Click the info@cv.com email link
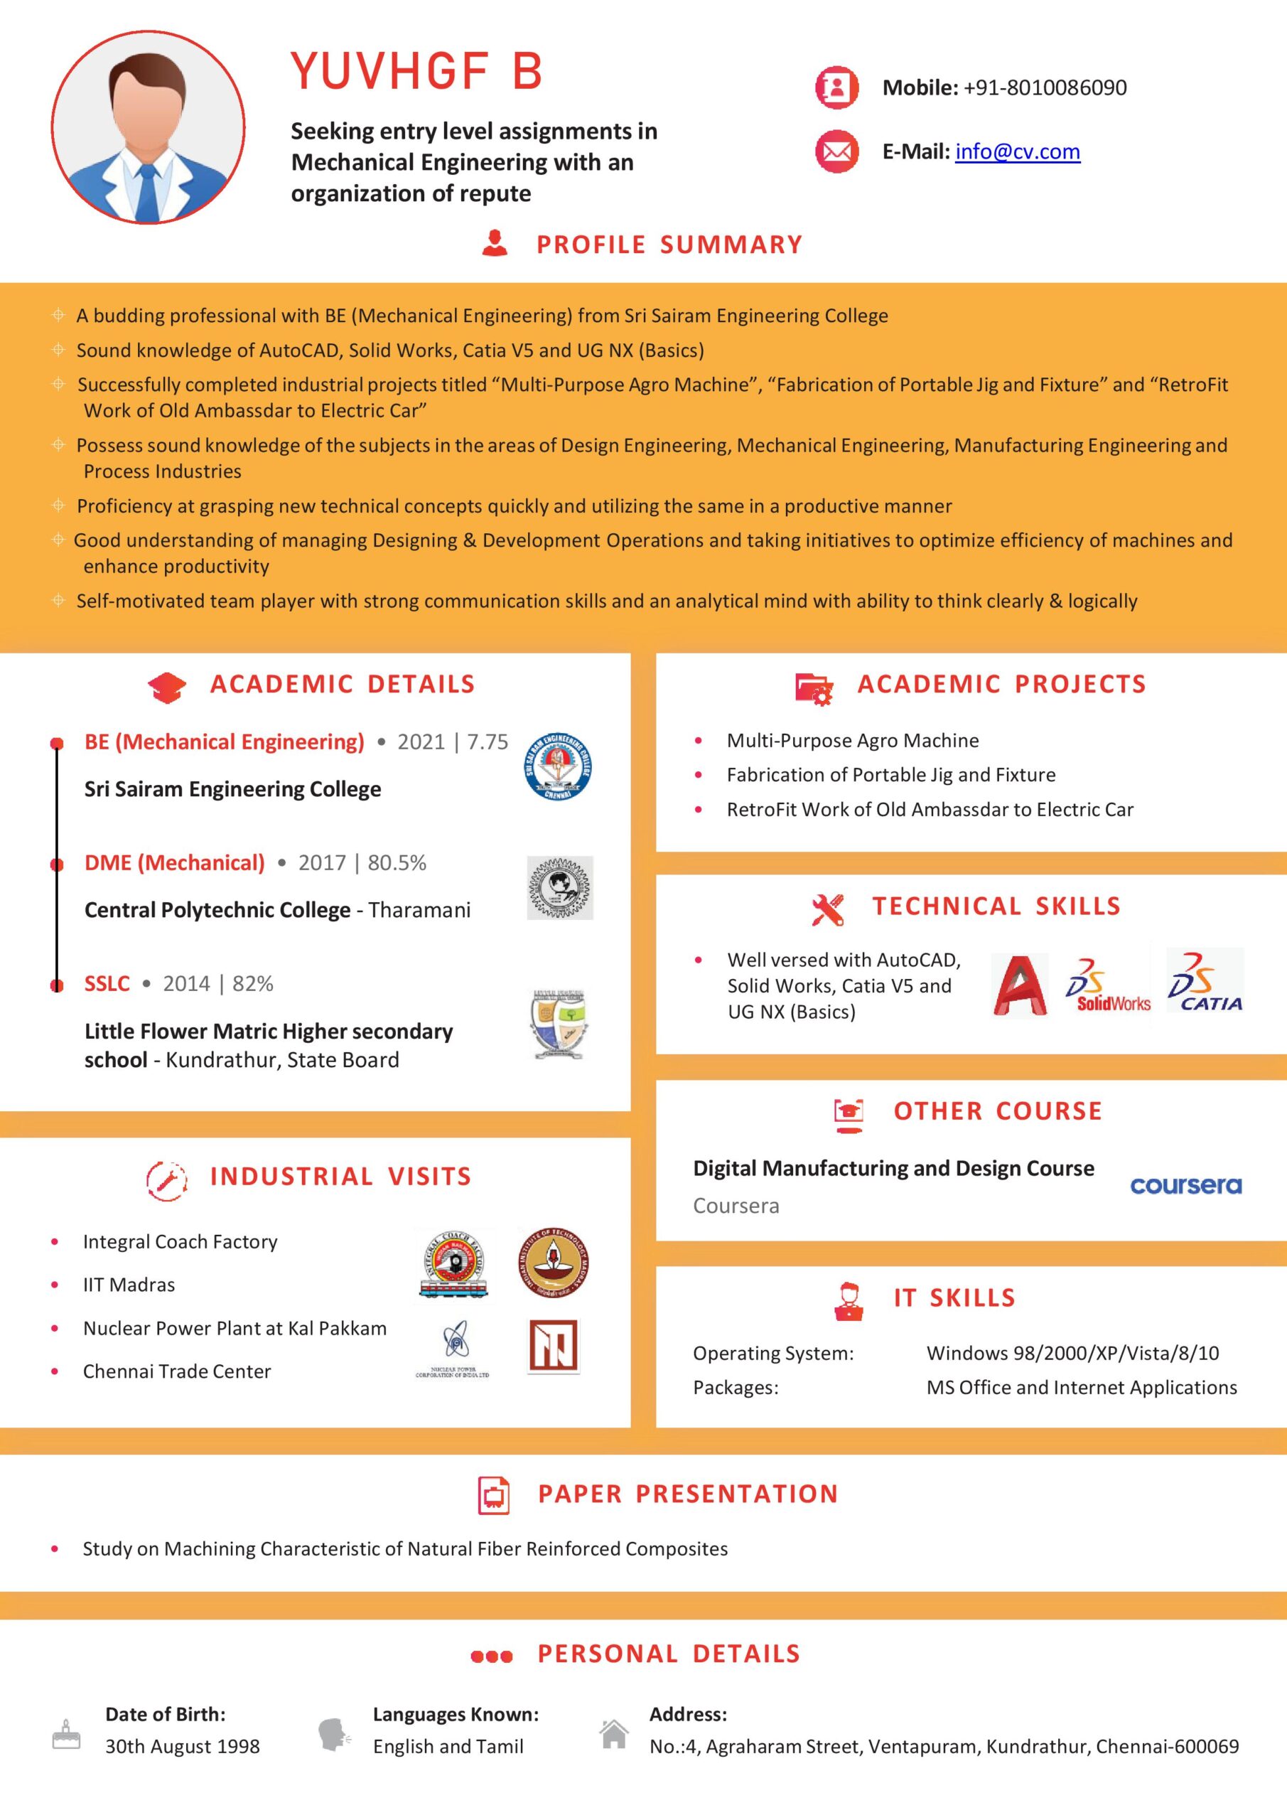pyautogui.click(x=1017, y=151)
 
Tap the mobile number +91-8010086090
pyautogui.click(x=1045, y=87)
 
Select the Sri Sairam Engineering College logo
pyautogui.click(x=559, y=766)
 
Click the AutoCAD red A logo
pyautogui.click(x=1019, y=986)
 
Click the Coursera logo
pyautogui.click(x=1185, y=1186)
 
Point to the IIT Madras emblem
pyautogui.click(x=553, y=1263)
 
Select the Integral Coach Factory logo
pyautogui.click(x=453, y=1265)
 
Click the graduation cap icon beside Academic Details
pyautogui.click(x=167, y=687)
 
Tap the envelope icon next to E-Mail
pyautogui.click(x=836, y=151)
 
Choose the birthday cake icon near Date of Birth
pyautogui.click(x=66, y=1735)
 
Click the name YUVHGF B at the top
pyautogui.click(x=416, y=71)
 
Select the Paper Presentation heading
pyautogui.click(x=687, y=1494)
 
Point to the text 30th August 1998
pyautogui.click(x=182, y=1746)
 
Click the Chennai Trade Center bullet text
pyautogui.click(x=177, y=1371)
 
